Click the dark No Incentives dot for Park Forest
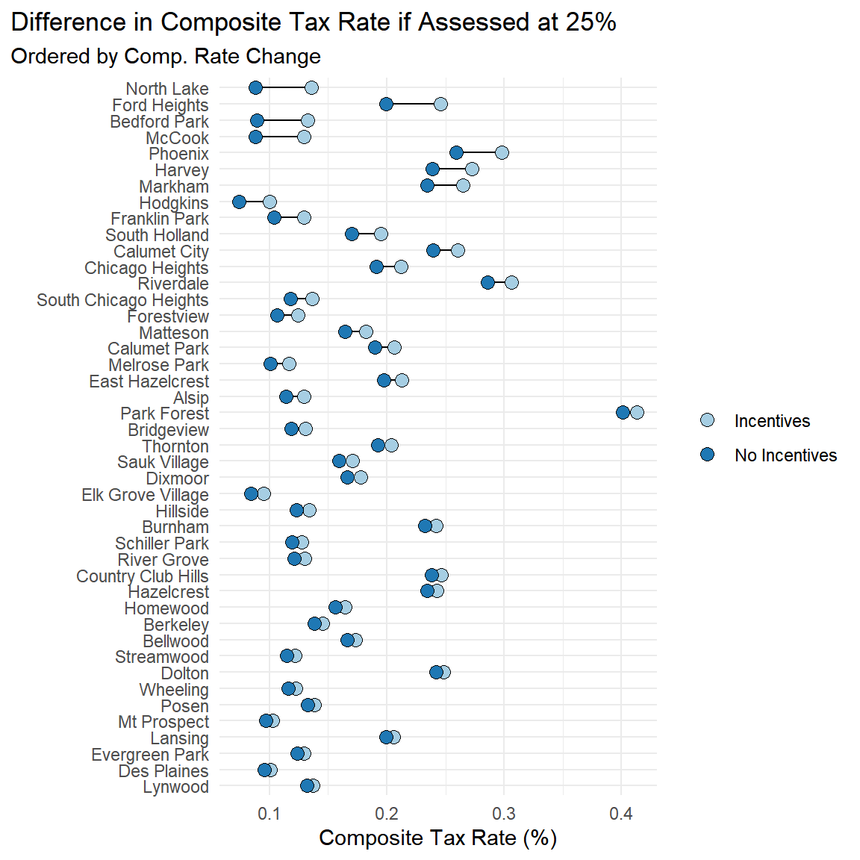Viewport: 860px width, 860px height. [623, 412]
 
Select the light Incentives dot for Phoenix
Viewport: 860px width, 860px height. [502, 153]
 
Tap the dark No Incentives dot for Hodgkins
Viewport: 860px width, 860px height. [239, 202]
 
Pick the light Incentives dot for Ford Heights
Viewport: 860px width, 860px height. [440, 104]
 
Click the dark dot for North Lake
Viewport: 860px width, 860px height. [255, 88]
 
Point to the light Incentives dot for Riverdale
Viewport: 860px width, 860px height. [511, 282]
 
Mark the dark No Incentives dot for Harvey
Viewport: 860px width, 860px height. [432, 169]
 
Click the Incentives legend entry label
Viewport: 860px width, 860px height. [772, 421]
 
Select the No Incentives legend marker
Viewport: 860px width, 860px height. [707, 455]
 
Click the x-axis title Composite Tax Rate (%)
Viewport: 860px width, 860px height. [438, 838]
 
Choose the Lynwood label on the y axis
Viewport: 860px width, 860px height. [175, 787]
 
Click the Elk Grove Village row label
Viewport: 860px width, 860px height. [145, 495]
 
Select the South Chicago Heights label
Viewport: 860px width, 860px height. [122, 300]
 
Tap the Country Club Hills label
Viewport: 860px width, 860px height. [142, 576]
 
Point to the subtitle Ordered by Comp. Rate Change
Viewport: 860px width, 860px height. [166, 57]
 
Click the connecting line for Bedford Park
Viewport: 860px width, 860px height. [282, 120]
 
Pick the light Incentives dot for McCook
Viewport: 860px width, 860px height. [304, 137]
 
